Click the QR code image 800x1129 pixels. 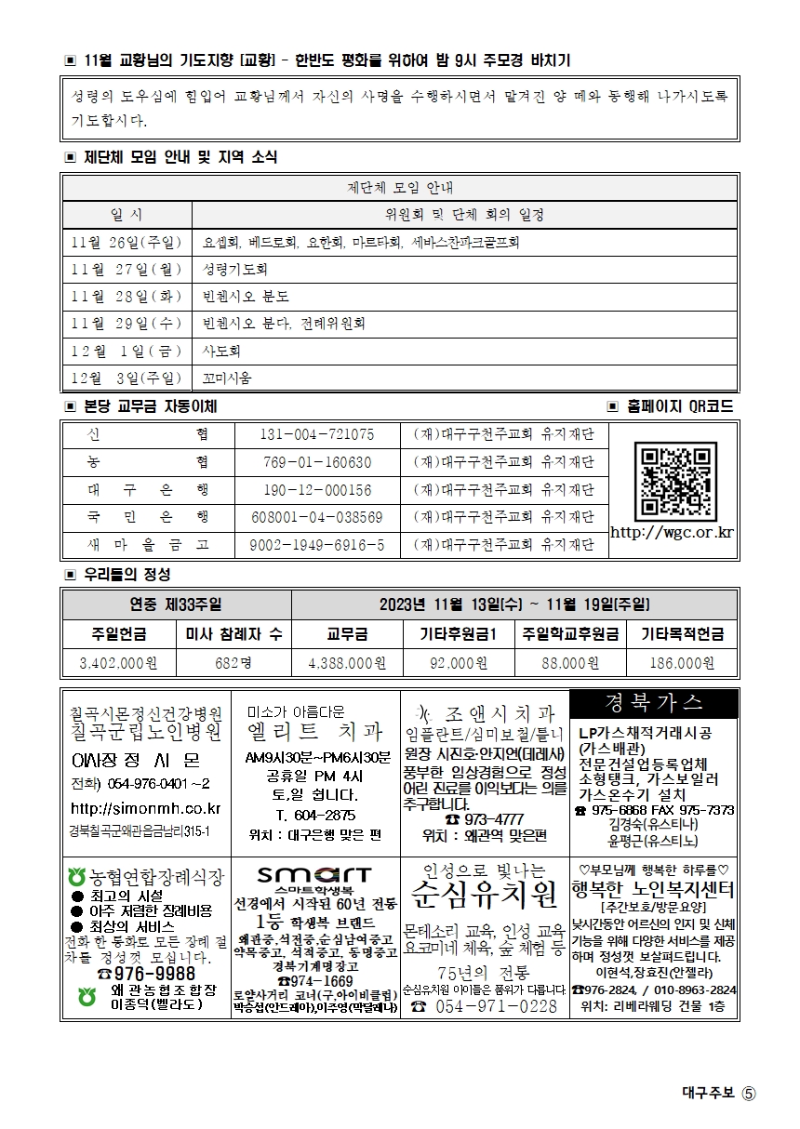674,480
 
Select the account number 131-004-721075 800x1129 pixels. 318,434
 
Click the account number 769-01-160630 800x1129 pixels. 318,462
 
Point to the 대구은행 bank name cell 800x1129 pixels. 148,489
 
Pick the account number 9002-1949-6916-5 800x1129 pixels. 318,545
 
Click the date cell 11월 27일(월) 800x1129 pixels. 127,270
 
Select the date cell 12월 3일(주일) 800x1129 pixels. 127,378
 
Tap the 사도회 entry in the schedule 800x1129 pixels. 221,351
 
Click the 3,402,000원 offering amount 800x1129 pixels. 119,663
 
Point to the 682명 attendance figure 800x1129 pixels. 233,663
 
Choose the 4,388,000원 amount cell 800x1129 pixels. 347,663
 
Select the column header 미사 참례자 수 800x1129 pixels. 233,634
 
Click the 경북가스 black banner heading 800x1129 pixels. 654,703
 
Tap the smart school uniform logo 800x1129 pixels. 315,876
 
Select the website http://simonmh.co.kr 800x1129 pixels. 146,809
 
